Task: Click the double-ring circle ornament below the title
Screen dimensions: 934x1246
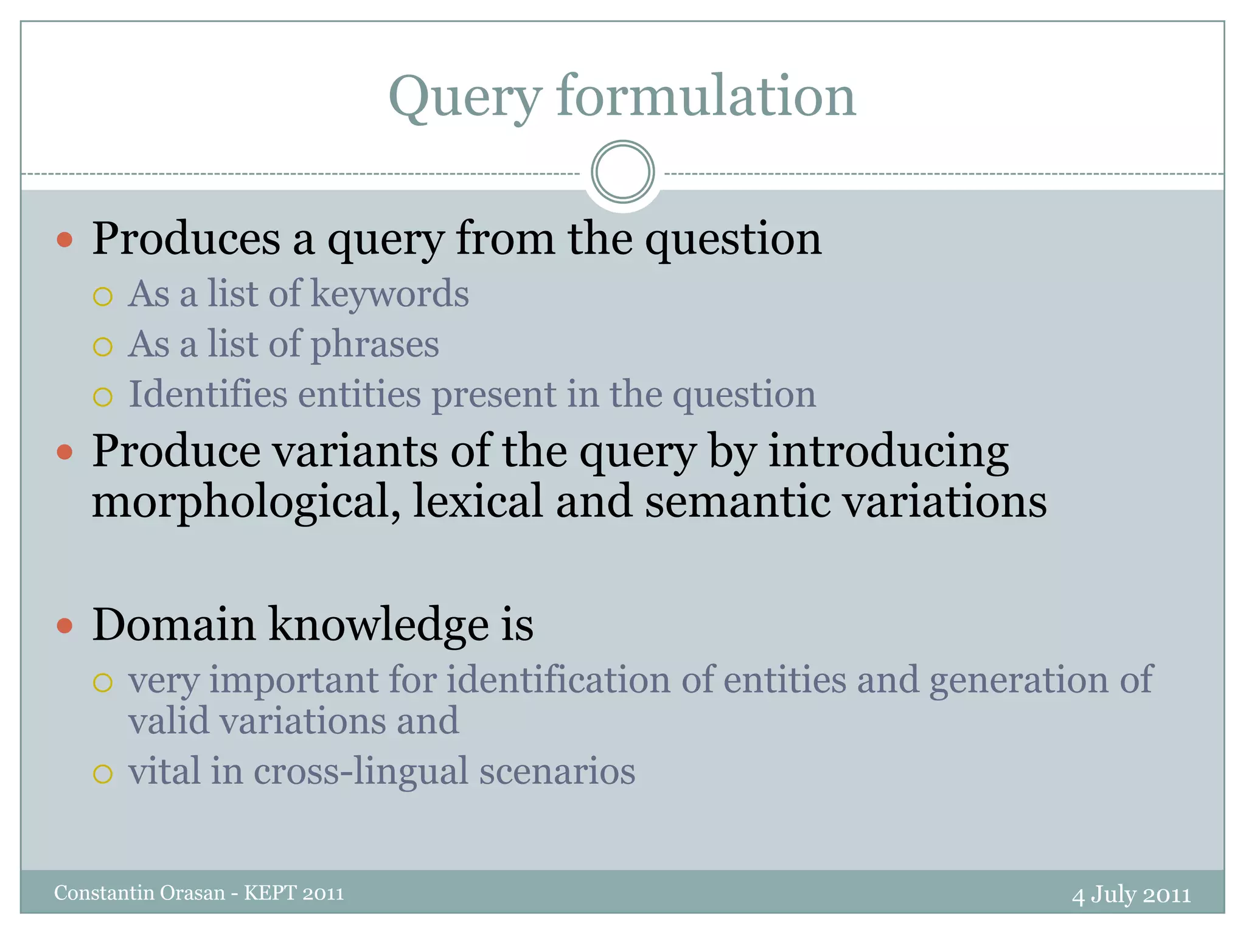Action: [x=622, y=171]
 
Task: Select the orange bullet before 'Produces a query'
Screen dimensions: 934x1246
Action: [x=64, y=239]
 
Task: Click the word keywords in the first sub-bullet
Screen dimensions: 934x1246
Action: [x=389, y=294]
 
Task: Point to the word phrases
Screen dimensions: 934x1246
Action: [x=375, y=345]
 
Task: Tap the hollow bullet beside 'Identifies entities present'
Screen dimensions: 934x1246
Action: [x=103, y=397]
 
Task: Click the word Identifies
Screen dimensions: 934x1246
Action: [x=207, y=394]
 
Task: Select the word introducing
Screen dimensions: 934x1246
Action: [x=888, y=452]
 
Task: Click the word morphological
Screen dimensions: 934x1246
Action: [x=246, y=502]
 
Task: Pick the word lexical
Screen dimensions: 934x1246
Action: [x=478, y=502]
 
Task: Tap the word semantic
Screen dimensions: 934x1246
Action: [x=737, y=502]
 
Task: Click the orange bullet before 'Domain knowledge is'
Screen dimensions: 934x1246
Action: [x=64, y=625]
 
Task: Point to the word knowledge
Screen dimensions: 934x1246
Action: [x=378, y=625]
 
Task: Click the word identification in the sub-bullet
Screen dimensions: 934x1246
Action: [x=559, y=680]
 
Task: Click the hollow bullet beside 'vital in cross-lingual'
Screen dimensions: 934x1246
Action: [x=103, y=774]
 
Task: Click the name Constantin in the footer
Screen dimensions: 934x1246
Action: [x=105, y=893]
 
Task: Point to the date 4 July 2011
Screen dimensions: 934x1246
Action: [x=1131, y=894]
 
